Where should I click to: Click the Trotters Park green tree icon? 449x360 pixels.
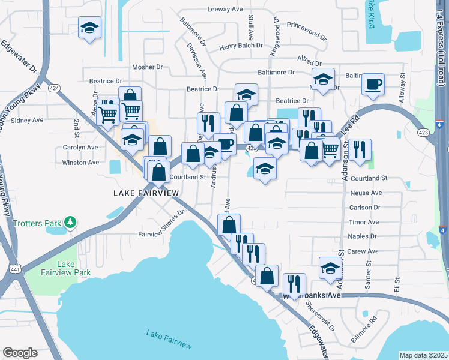pos(71,223)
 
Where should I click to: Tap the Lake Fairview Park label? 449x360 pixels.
pos(73,268)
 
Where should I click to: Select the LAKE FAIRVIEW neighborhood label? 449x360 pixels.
pos(146,193)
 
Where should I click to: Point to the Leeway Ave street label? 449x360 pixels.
pos(224,9)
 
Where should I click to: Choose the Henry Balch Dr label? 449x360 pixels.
pos(241,46)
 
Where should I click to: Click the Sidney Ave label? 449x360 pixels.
pos(28,120)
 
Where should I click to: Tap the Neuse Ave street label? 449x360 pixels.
pos(366,193)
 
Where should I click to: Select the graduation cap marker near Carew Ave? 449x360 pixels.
pos(330,268)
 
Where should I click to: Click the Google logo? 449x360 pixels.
pos(20,352)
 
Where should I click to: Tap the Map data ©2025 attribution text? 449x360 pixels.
pos(423,355)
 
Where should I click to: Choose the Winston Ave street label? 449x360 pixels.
pos(80,163)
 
